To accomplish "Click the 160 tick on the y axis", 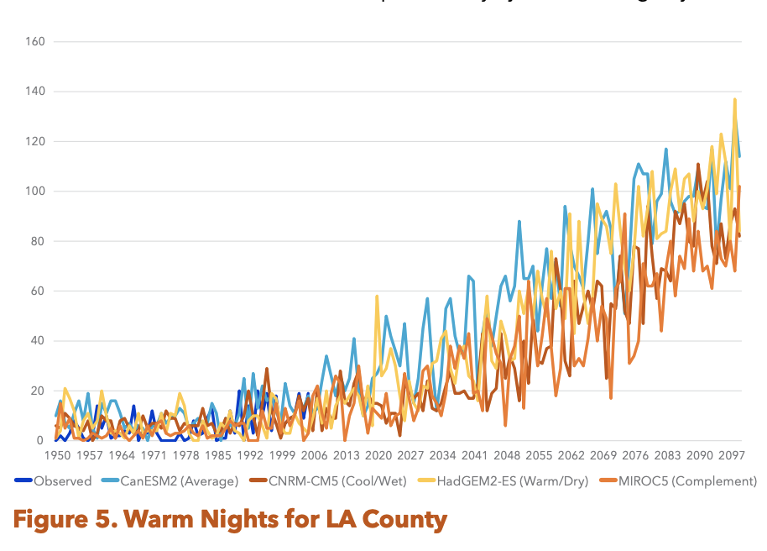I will pyautogui.click(x=34, y=41).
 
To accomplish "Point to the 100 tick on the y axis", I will pyautogui.click(x=34, y=192).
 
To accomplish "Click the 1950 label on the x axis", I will pyautogui.click(x=57, y=454).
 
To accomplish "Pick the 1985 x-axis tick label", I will pyautogui.click(x=217, y=454).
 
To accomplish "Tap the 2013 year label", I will pyautogui.click(x=346, y=454).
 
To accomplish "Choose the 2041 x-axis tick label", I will pyautogui.click(x=474, y=454).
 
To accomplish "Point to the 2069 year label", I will pyautogui.click(x=603, y=454).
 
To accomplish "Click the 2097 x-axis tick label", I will pyautogui.click(x=731, y=454).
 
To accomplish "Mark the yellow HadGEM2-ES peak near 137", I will pyautogui.click(x=735, y=100).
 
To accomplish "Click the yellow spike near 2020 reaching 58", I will pyautogui.click(x=377, y=296).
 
